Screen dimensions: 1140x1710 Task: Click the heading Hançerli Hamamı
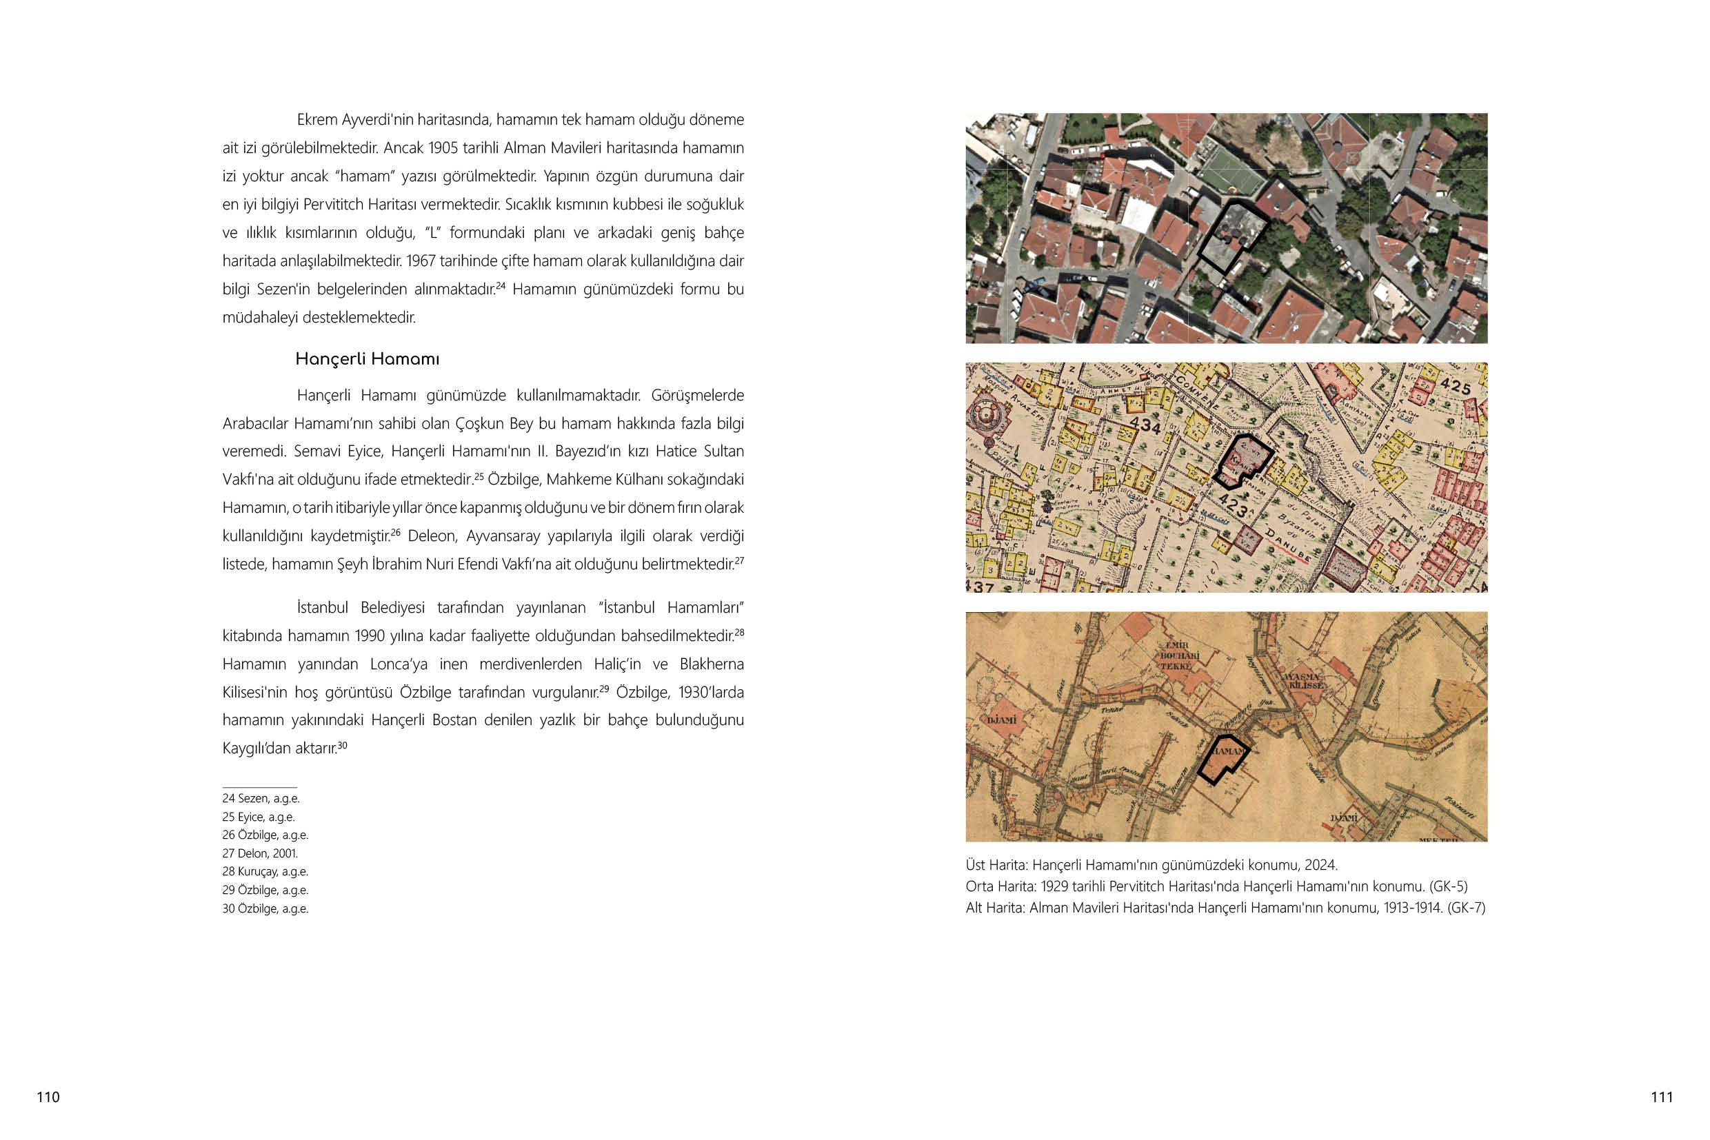point(368,359)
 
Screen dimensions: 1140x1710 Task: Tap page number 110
point(48,1097)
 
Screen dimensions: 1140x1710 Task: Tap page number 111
point(1662,1097)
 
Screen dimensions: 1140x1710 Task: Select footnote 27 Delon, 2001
point(261,853)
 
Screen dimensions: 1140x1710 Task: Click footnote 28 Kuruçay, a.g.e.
point(265,872)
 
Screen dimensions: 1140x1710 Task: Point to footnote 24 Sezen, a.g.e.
point(261,798)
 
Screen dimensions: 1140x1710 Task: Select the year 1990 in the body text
point(370,636)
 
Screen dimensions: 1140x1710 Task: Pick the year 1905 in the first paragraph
point(443,148)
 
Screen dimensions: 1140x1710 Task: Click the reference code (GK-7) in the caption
point(1466,907)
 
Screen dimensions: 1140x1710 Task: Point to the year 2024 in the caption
point(1320,865)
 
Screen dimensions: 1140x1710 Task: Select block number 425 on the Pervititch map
point(1456,386)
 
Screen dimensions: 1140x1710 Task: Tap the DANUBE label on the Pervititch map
point(1288,543)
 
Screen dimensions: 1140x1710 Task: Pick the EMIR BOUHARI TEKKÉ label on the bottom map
point(1176,655)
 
